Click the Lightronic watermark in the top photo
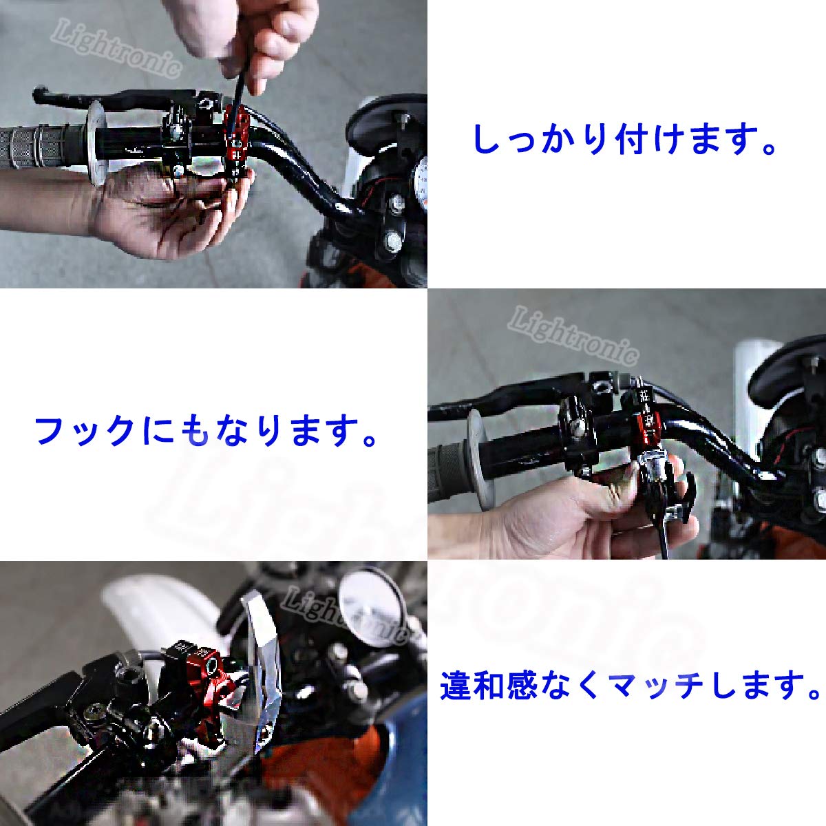117,48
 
